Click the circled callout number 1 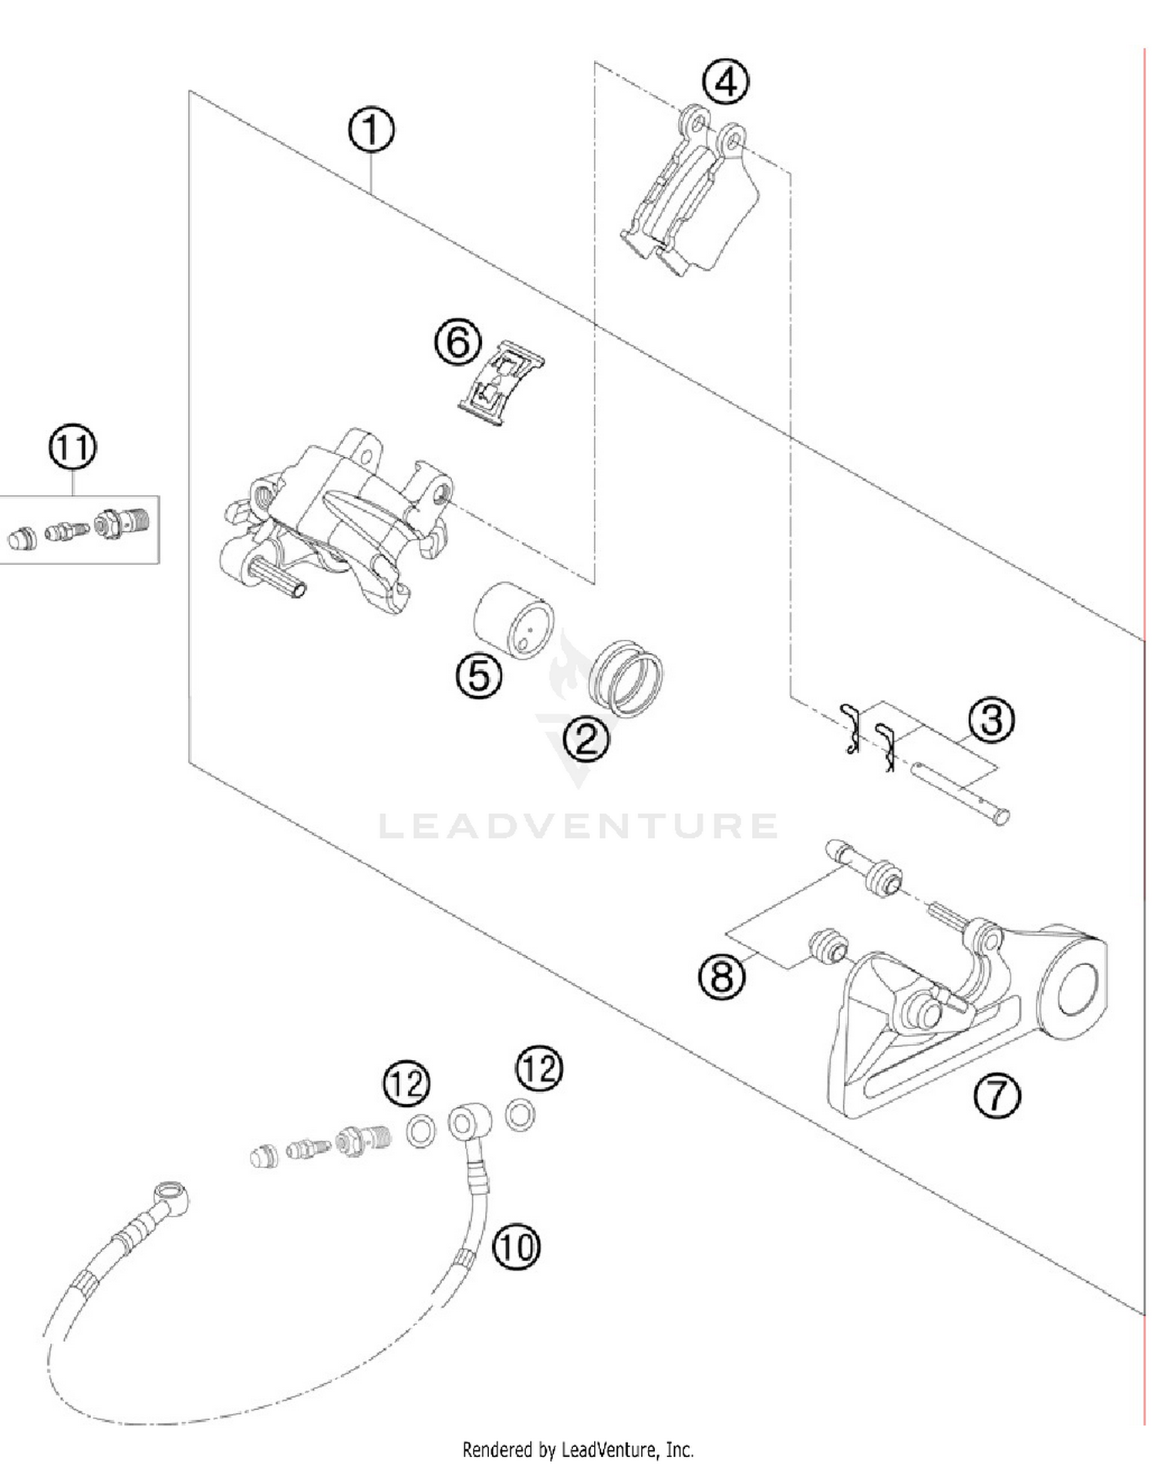pyautogui.click(x=371, y=130)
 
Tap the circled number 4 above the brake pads pyautogui.click(x=726, y=82)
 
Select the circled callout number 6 pyautogui.click(x=458, y=342)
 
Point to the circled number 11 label pyautogui.click(x=73, y=447)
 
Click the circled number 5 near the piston pyautogui.click(x=479, y=676)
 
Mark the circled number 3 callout pyautogui.click(x=991, y=719)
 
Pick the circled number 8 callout pyautogui.click(x=722, y=977)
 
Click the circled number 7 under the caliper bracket pyautogui.click(x=997, y=1095)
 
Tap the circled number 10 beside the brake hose pyautogui.click(x=516, y=1246)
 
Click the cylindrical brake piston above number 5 pyautogui.click(x=513, y=620)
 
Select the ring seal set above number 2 pyautogui.click(x=626, y=678)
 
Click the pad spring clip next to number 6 pyautogui.click(x=501, y=382)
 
